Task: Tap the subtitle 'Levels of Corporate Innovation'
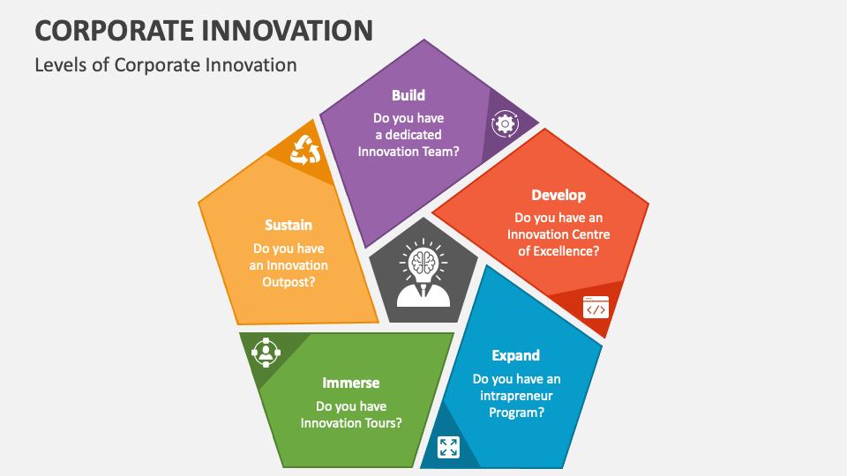[x=166, y=64]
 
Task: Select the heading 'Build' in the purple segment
[x=408, y=95]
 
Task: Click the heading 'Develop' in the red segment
[x=558, y=195]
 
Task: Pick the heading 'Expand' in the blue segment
[x=516, y=355]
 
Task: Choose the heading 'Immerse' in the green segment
[x=351, y=383]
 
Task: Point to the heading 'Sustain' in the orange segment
[x=289, y=225]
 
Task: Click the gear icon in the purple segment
[x=505, y=123]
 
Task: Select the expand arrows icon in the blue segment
[x=448, y=447]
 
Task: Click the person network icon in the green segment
[x=265, y=353]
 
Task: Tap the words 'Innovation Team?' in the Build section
[x=408, y=151]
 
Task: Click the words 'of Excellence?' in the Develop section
[x=558, y=250]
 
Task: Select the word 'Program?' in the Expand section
[x=516, y=412]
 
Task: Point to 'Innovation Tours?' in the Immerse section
[x=351, y=422]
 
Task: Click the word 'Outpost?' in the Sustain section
[x=289, y=281]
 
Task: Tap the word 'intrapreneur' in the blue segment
[x=516, y=396]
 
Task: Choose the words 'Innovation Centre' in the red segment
[x=558, y=234]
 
